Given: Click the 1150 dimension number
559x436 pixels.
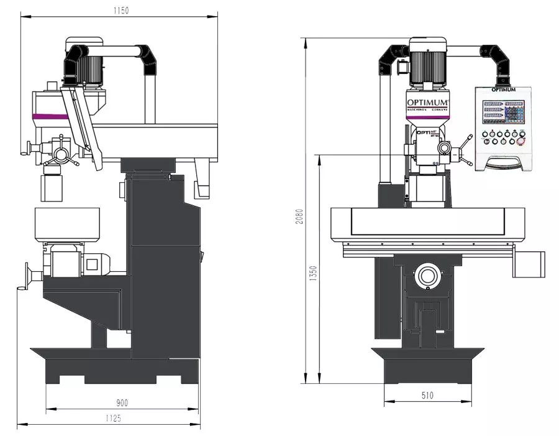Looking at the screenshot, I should tap(121, 11).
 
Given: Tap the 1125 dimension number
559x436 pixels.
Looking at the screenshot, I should tap(112, 419).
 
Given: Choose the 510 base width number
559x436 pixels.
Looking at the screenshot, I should tap(427, 395).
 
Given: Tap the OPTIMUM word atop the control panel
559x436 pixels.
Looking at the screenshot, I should tap(503, 90).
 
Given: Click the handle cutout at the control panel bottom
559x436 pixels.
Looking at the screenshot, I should tap(503, 164).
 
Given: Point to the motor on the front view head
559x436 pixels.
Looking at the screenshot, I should tap(428, 63).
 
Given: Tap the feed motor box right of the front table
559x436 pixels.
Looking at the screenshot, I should tap(529, 264).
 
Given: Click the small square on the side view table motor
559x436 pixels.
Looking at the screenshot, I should tap(92, 264).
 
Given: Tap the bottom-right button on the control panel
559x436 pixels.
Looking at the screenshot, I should tap(520, 142).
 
